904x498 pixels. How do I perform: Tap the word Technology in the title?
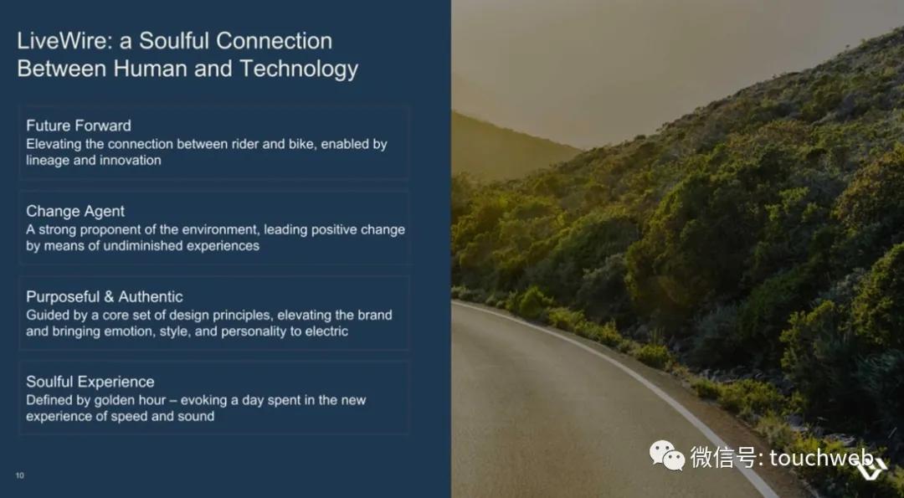pyautogui.click(x=299, y=69)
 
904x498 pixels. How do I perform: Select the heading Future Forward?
pyautogui.click(x=79, y=126)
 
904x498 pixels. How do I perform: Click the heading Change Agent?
pyautogui.click(x=75, y=211)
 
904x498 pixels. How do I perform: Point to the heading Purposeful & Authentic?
pyautogui.click(x=105, y=297)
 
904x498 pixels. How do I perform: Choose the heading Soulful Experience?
pyautogui.click(x=90, y=382)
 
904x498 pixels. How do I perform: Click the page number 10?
pyautogui.click(x=19, y=475)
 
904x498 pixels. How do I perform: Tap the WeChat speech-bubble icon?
pyautogui.click(x=667, y=455)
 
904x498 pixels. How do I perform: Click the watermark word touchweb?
pyautogui.click(x=821, y=458)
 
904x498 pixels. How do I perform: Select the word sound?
pyautogui.click(x=196, y=416)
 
